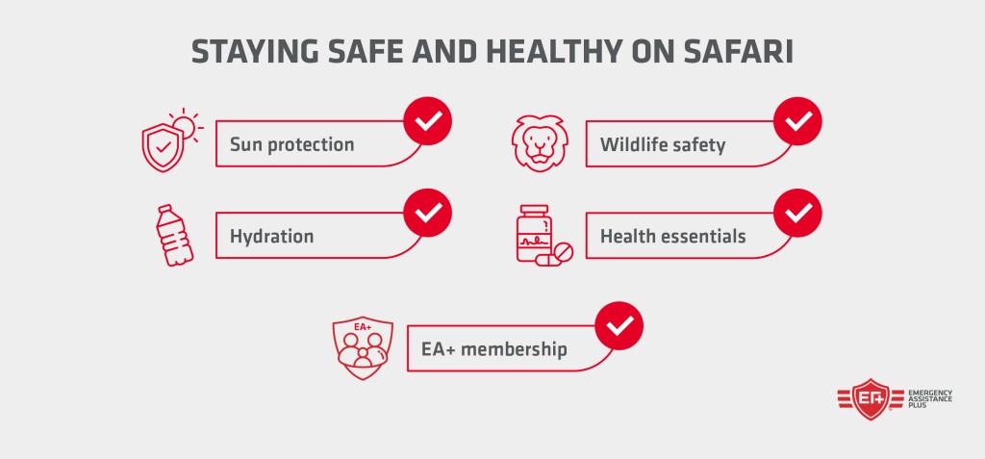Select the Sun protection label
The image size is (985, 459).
291,145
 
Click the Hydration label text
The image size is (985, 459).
271,236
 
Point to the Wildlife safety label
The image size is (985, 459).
663,145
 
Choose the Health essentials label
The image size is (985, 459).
672,236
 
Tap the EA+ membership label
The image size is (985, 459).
493,348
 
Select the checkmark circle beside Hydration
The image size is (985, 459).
427,213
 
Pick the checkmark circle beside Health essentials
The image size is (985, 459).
798,213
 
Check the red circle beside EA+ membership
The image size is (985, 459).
619,326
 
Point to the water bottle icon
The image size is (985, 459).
174,235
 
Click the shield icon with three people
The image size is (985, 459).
362,344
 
